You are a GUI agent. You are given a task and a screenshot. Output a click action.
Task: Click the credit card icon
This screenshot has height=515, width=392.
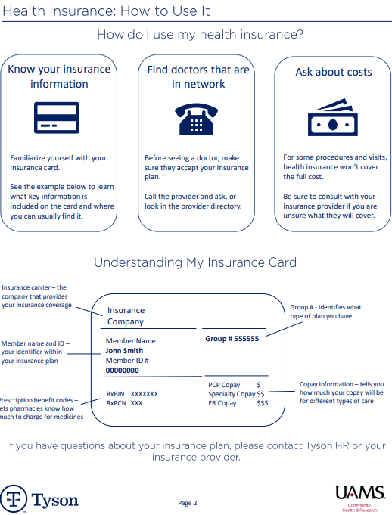(x=57, y=117)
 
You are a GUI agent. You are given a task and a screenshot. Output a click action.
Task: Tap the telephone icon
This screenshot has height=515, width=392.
(x=195, y=118)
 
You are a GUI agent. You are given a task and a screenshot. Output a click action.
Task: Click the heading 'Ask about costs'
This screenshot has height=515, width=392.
(x=333, y=72)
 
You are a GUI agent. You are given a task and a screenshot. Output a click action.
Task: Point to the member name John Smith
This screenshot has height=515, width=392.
(x=124, y=351)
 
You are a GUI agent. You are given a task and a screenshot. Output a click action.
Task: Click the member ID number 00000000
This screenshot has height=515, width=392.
(x=122, y=371)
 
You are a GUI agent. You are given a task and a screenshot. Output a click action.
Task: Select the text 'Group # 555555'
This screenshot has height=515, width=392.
(x=232, y=339)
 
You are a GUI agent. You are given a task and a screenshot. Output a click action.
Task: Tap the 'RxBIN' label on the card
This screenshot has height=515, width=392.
(x=116, y=394)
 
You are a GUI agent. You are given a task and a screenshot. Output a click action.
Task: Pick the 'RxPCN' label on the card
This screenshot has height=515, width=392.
(x=116, y=403)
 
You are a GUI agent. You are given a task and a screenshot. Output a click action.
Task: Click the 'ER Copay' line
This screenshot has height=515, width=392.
(x=222, y=403)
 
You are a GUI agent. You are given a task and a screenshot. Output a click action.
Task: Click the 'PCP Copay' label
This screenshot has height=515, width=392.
(x=224, y=385)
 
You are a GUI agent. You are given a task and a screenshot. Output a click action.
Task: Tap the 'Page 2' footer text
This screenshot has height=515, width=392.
(x=188, y=503)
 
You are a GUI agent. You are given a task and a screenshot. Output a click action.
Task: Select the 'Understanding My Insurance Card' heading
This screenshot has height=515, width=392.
(x=195, y=262)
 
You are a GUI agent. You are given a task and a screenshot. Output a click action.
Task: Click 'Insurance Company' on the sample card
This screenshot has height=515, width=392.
(x=126, y=316)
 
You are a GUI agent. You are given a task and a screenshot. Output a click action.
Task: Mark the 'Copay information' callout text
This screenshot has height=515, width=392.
(x=341, y=392)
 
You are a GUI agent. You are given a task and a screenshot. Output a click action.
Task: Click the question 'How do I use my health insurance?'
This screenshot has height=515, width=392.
(x=201, y=35)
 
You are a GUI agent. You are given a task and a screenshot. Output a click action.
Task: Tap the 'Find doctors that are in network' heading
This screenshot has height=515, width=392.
(x=198, y=76)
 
